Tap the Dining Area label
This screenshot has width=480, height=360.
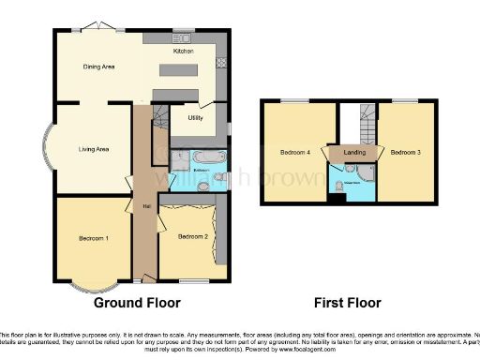click(x=99, y=67)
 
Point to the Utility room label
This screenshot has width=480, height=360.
click(x=195, y=118)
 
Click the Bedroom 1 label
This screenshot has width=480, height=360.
click(x=93, y=239)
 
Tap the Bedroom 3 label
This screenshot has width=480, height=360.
click(x=405, y=152)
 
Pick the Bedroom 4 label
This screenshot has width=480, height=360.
click(x=294, y=152)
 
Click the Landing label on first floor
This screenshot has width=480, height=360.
click(x=354, y=152)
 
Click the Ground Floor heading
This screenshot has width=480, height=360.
click(x=137, y=303)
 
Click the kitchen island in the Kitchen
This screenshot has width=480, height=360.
click(x=179, y=70)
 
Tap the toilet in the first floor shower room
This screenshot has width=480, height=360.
click(x=338, y=186)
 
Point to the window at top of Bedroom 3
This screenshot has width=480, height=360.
click(x=405, y=99)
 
